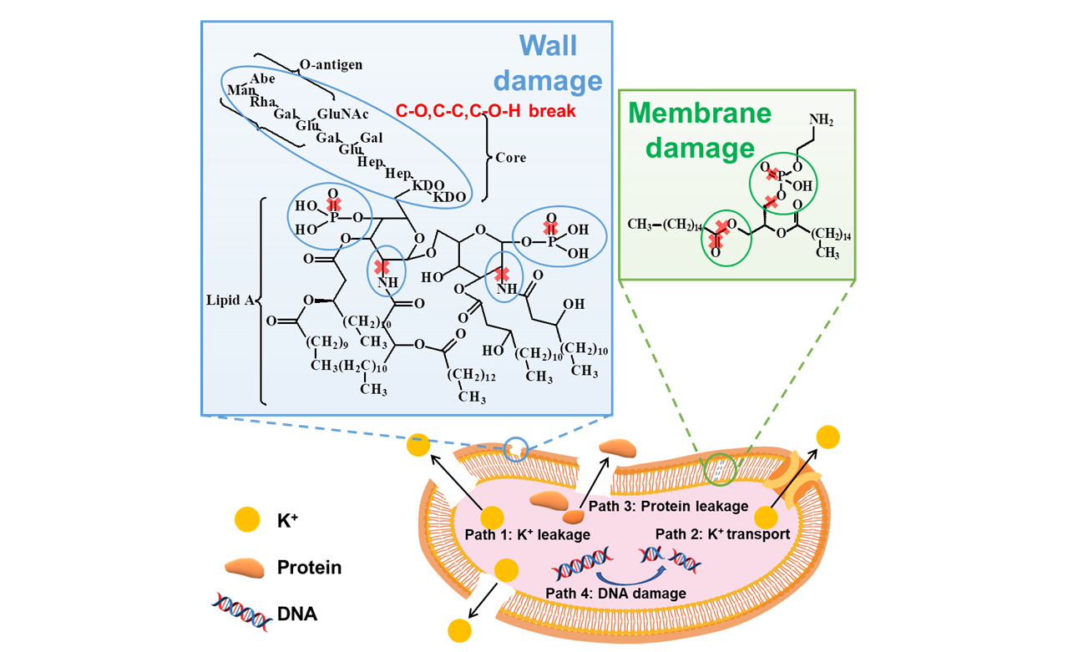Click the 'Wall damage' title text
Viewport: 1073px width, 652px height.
coord(548,63)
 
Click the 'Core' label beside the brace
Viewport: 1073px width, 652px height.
coord(511,157)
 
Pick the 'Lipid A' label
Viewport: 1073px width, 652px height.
coord(230,298)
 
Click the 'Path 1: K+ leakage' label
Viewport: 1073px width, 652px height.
coord(527,534)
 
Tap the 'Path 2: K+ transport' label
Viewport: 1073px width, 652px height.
coord(722,534)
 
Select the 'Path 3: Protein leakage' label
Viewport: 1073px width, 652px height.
coord(669,505)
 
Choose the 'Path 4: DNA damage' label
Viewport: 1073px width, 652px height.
coord(616,594)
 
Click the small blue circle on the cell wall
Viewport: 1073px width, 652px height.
coord(518,449)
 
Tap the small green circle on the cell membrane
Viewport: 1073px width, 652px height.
coord(718,469)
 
